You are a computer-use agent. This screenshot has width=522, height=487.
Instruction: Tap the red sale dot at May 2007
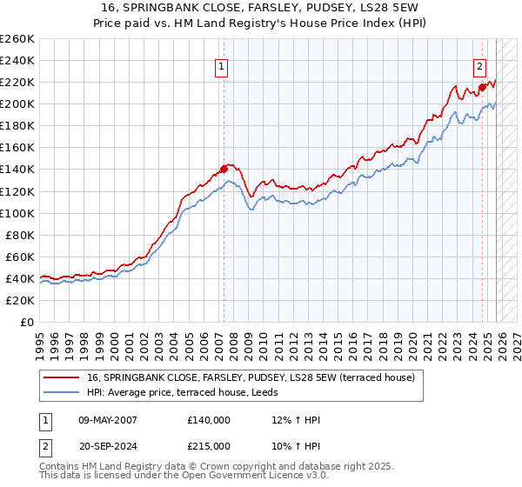pos(224,169)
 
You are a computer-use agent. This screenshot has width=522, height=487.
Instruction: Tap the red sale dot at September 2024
pos(482,87)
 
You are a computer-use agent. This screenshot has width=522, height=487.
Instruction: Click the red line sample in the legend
pos(63,377)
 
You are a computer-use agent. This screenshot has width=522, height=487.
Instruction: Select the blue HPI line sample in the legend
pos(63,392)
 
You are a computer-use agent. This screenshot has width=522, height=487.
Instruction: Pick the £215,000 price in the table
pos(209,444)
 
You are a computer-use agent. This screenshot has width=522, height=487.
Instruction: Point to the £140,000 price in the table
pos(209,420)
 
